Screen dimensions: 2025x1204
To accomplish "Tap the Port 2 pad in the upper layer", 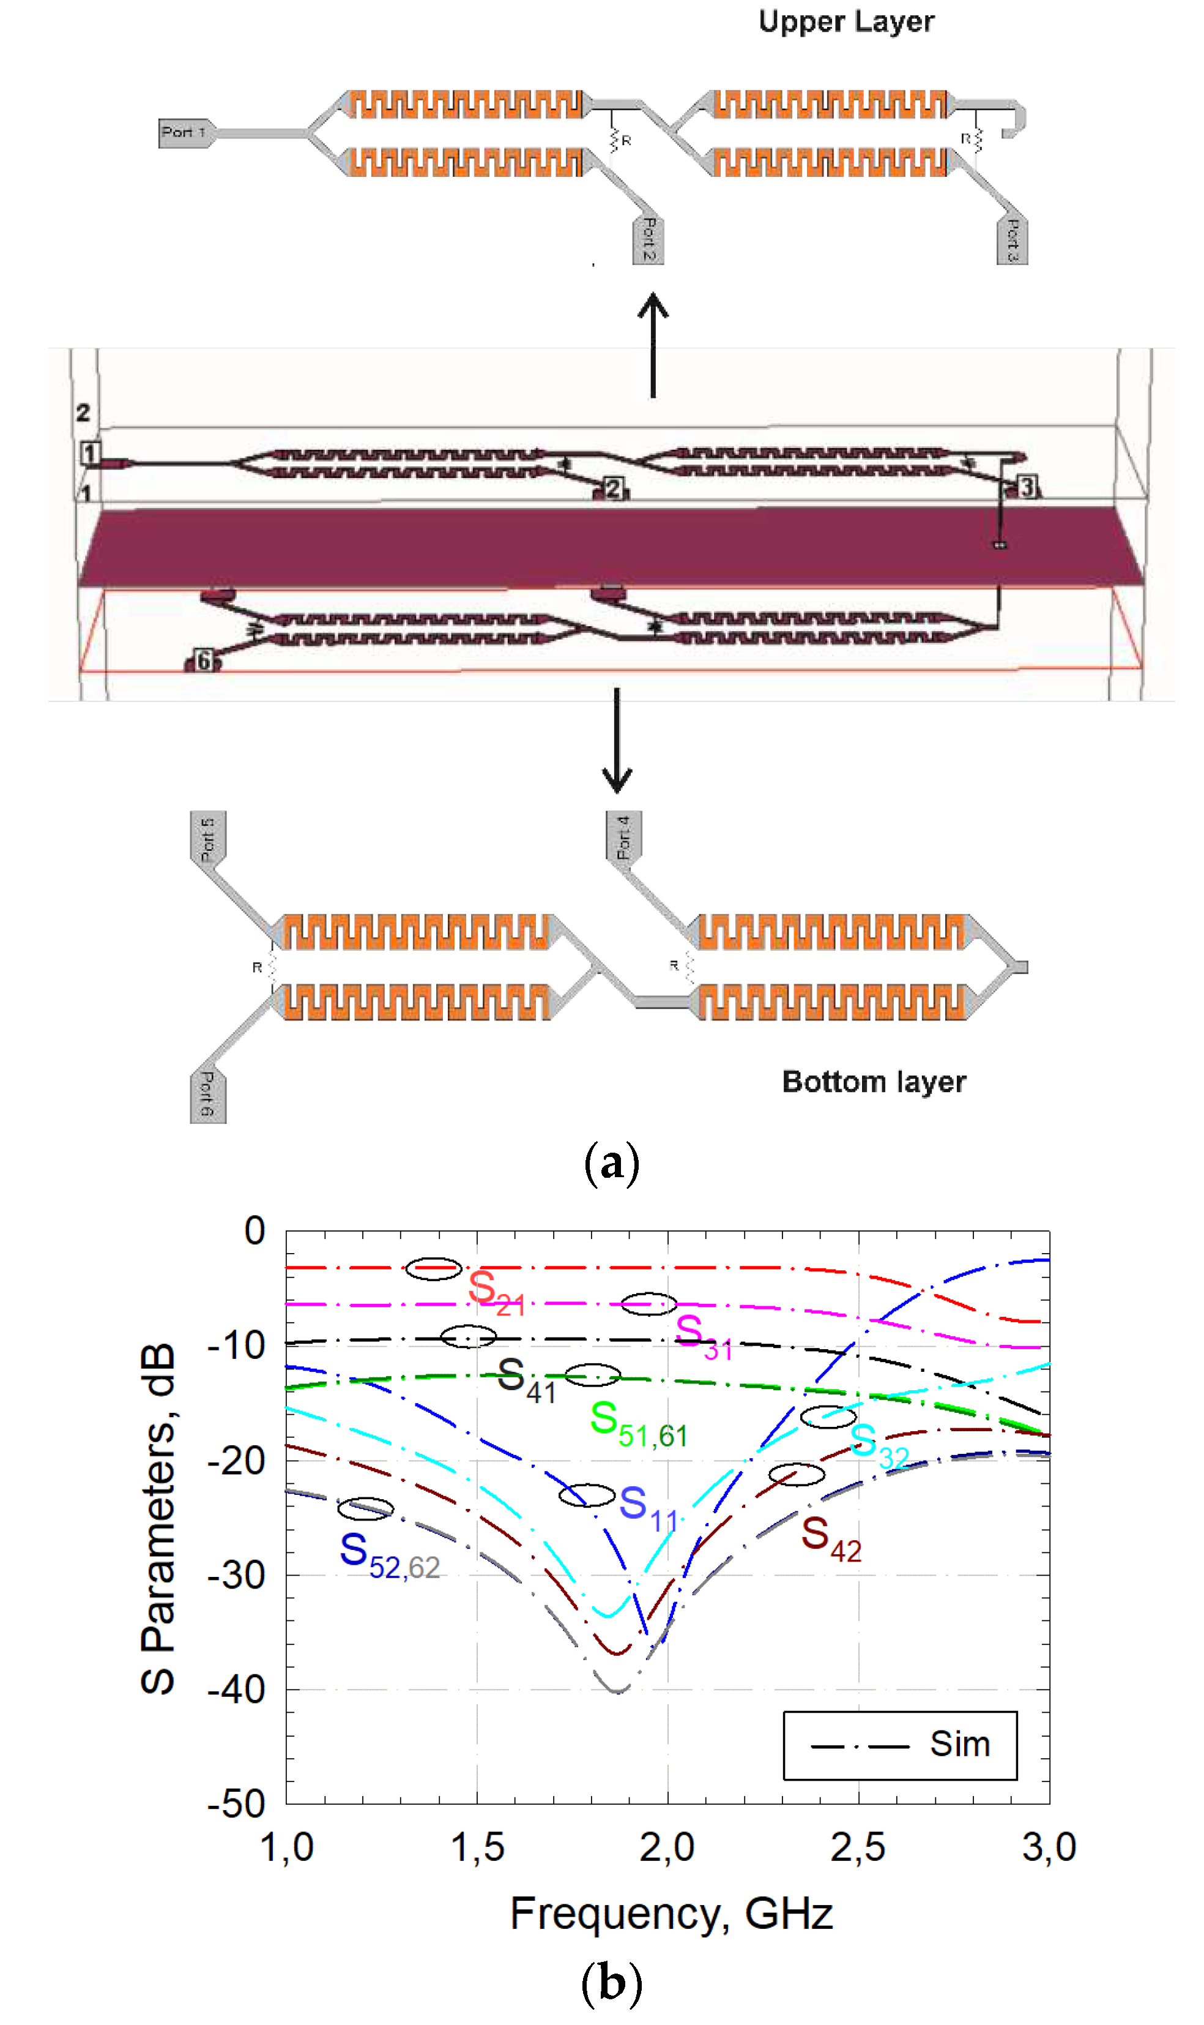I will coord(647,239).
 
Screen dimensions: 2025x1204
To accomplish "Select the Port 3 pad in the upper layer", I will coord(1012,239).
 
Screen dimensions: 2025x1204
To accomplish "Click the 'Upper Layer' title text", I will coord(845,22).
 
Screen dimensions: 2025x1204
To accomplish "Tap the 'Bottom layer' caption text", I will coord(873,1081).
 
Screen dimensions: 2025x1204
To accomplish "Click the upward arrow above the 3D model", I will coord(652,345).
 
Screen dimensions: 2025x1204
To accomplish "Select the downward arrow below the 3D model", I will coord(617,740).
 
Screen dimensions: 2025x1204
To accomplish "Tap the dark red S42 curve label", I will coord(830,1539).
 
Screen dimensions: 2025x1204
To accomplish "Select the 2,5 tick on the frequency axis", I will coord(858,1848).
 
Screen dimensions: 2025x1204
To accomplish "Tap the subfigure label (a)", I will coord(611,1163).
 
